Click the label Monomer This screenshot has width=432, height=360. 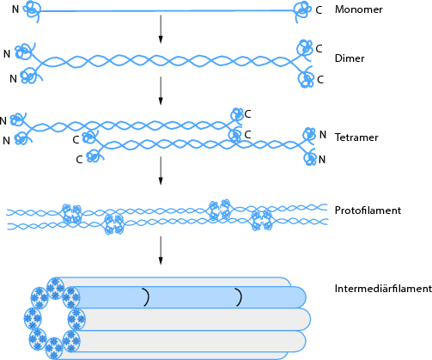pyautogui.click(x=358, y=9)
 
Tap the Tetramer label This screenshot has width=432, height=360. pyautogui.click(x=356, y=137)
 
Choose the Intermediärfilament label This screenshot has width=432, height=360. pyautogui.click(x=382, y=289)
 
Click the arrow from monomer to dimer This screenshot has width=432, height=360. pyautogui.click(x=161, y=30)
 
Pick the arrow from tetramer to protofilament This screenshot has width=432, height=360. pyautogui.click(x=161, y=170)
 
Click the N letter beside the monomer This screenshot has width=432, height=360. pyautogui.click(x=15, y=9)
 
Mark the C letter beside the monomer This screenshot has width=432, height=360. pyautogui.click(x=319, y=9)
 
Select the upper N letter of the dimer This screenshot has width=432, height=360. pyautogui.click(x=8, y=53)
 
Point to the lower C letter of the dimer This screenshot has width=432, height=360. pyautogui.click(x=319, y=79)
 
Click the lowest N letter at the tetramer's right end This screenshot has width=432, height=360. pyautogui.click(x=323, y=160)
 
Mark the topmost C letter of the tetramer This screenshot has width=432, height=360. pyautogui.click(x=248, y=113)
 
